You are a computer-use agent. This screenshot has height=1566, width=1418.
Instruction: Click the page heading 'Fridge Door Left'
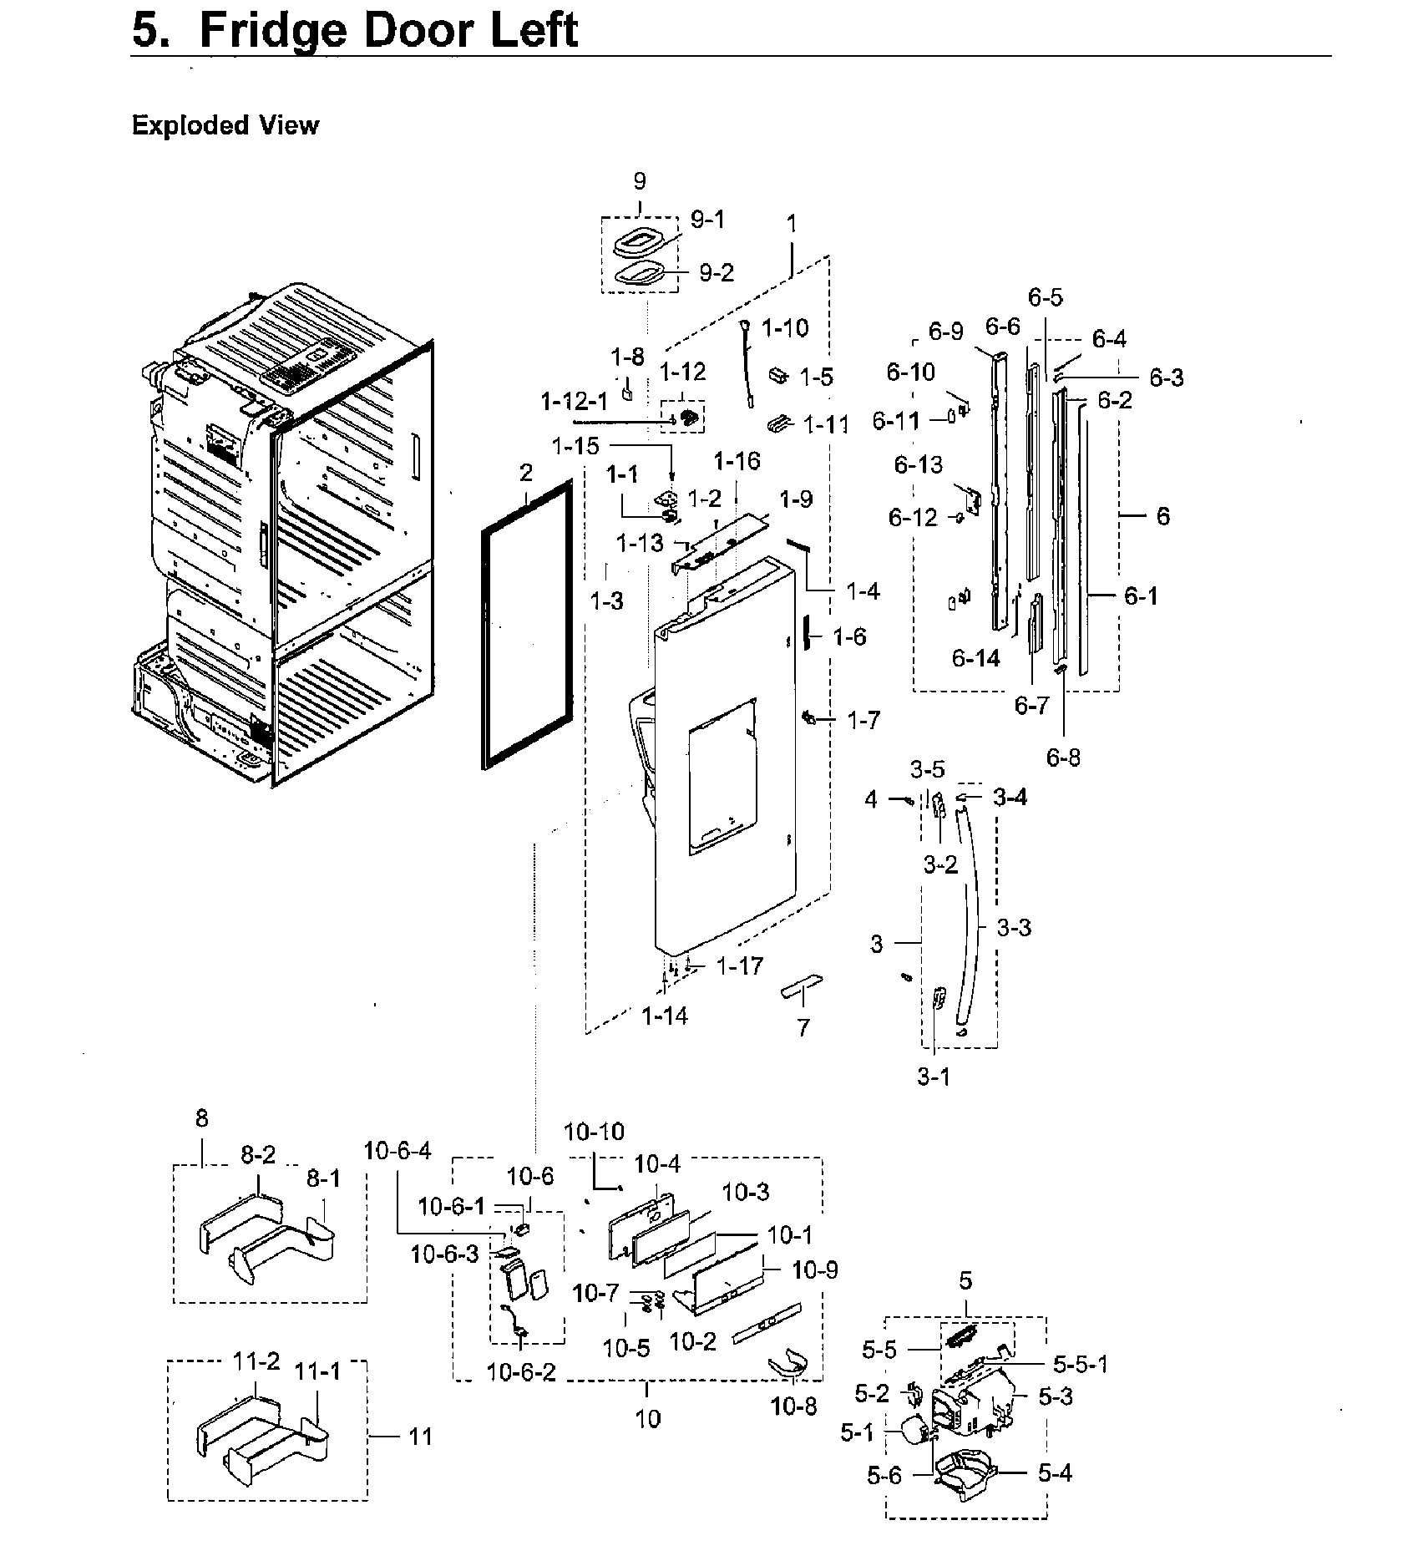tap(355, 31)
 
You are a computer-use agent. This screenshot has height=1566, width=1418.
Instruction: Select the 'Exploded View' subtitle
tap(225, 125)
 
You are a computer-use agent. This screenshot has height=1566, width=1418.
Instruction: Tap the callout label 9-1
tap(707, 220)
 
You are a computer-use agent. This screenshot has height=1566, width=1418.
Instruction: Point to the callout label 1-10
tap(784, 328)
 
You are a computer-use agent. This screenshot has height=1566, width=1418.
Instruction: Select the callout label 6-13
tap(918, 465)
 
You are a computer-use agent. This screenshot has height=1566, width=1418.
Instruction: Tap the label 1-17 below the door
tap(739, 966)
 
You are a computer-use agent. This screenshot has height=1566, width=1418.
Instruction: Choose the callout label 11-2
tap(256, 1362)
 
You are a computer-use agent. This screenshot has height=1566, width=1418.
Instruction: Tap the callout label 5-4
tap(1055, 1473)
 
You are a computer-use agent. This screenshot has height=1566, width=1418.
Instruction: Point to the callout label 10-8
tap(793, 1406)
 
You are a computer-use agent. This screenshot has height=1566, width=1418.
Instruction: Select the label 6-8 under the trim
tap(1063, 758)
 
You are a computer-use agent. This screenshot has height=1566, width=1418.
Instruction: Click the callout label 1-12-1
tap(575, 402)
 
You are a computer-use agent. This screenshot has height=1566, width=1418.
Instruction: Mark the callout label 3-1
tap(933, 1077)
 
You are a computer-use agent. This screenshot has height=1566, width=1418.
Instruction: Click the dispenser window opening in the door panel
tap(722, 777)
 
